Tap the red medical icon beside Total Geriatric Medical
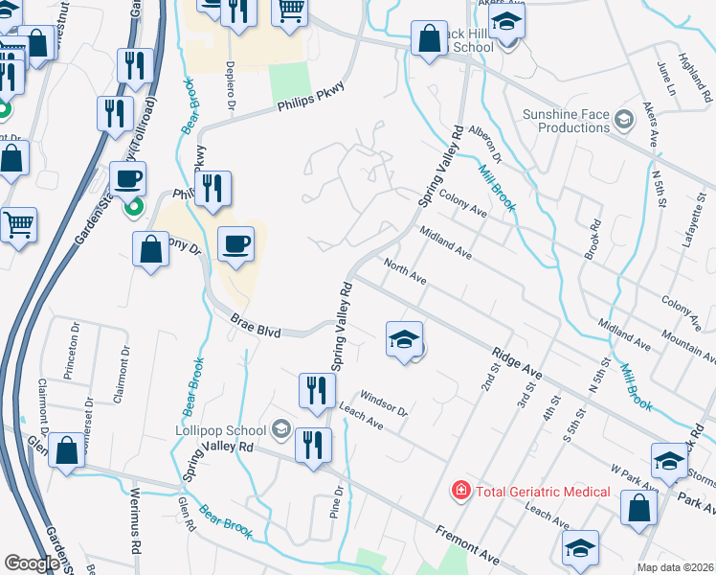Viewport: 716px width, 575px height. pyautogui.click(x=460, y=491)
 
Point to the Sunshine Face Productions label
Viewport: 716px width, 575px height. pyautogui.click(x=567, y=121)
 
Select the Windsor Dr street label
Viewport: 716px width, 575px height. pyautogui.click(x=383, y=403)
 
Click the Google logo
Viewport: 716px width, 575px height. pyautogui.click(x=31, y=563)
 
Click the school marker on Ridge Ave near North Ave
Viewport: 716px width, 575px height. pyautogui.click(x=404, y=339)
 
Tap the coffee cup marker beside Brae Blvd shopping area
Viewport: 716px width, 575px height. pyautogui.click(x=235, y=244)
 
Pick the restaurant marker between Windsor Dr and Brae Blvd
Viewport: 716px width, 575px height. pyautogui.click(x=314, y=390)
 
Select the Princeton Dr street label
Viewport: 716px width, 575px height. pyautogui.click(x=74, y=351)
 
